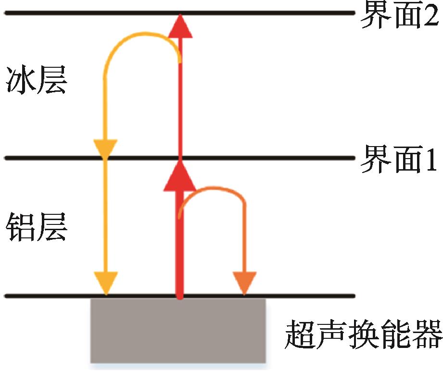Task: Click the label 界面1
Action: (399, 161)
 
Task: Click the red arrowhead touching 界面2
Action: (180, 26)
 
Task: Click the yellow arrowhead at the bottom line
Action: (106, 283)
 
